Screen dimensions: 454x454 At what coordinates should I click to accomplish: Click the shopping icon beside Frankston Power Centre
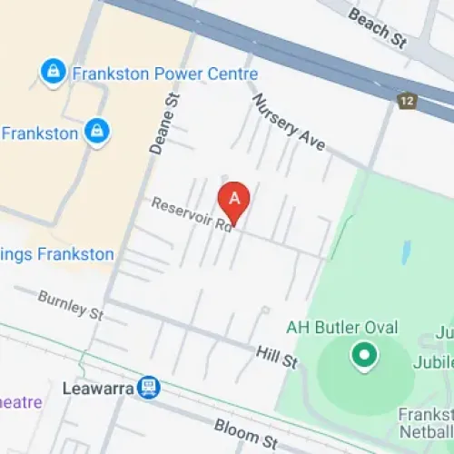tap(54, 72)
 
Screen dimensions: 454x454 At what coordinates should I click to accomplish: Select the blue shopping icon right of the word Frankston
tap(95, 133)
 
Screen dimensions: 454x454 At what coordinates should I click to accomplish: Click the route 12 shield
tap(406, 100)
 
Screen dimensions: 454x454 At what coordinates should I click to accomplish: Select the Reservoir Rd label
tap(192, 216)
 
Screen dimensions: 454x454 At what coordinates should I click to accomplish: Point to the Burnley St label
tap(71, 304)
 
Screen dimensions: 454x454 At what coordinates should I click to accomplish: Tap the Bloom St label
tap(245, 434)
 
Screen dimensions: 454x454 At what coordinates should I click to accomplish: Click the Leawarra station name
tap(99, 389)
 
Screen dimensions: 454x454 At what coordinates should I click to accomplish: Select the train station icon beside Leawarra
tap(148, 389)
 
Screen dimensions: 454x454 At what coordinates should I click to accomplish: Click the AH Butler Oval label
tap(342, 328)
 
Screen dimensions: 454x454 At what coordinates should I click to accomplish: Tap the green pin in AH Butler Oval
tap(364, 356)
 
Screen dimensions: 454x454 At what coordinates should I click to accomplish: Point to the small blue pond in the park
tap(404, 253)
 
